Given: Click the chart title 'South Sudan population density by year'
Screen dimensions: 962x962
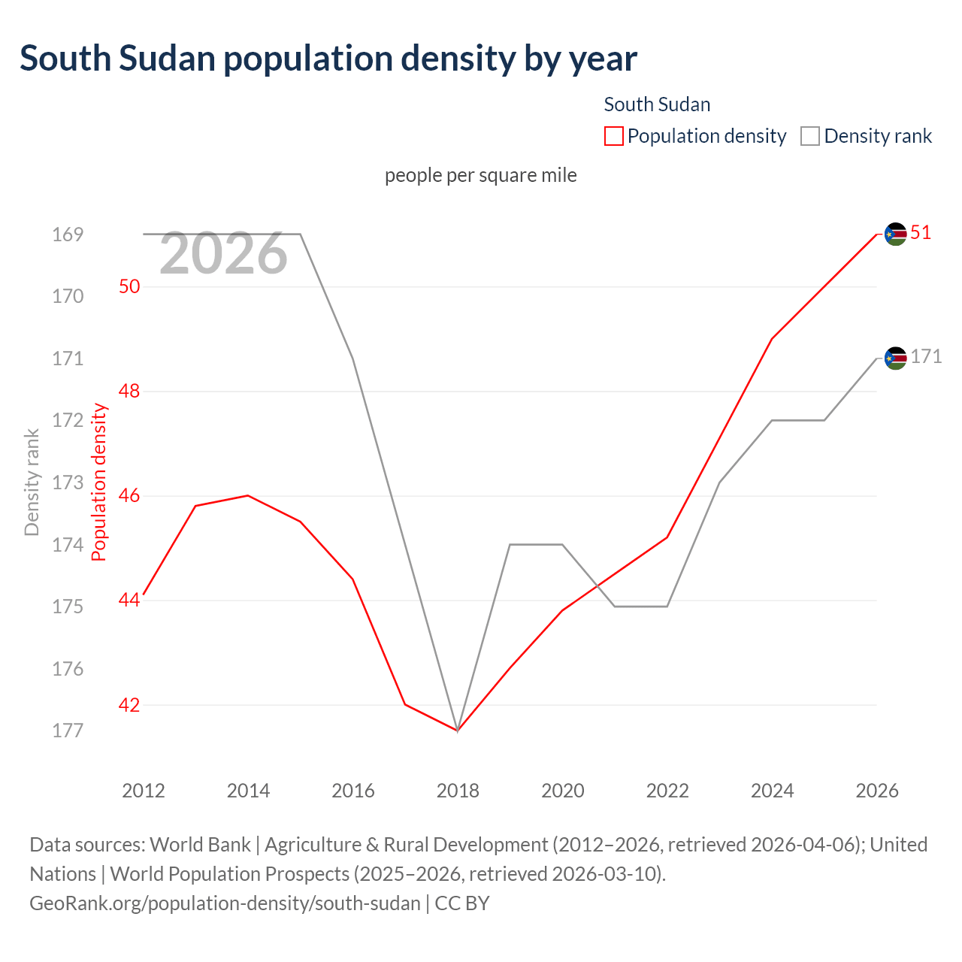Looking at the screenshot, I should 328,59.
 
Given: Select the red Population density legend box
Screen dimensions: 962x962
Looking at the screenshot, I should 613,136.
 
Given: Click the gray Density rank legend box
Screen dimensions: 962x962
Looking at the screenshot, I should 809,136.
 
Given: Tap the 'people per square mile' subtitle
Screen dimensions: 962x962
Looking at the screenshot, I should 480,175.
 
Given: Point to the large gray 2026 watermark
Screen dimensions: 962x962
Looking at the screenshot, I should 223,254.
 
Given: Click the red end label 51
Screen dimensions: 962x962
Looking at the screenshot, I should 921,233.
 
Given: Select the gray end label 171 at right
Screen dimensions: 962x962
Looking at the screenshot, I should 926,357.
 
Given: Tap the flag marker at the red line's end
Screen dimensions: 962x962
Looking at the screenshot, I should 895,234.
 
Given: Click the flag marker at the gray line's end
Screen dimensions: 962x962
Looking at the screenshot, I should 895,358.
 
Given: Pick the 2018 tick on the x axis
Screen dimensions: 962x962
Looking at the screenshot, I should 458,791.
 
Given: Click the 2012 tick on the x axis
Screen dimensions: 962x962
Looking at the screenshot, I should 144,791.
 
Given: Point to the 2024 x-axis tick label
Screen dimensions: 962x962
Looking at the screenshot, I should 773,791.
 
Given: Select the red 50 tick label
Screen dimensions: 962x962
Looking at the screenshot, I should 129,286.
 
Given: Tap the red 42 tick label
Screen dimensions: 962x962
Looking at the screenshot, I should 129,705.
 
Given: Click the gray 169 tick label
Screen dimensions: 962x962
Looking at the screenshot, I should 68,234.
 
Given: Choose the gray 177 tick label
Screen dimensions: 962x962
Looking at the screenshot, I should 68,731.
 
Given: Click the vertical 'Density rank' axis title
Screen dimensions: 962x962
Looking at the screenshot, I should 32,482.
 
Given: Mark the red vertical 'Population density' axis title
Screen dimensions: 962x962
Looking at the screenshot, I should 99,482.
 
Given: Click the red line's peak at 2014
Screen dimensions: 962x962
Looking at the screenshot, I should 248,495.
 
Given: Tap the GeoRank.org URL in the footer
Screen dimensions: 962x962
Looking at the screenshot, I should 225,903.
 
